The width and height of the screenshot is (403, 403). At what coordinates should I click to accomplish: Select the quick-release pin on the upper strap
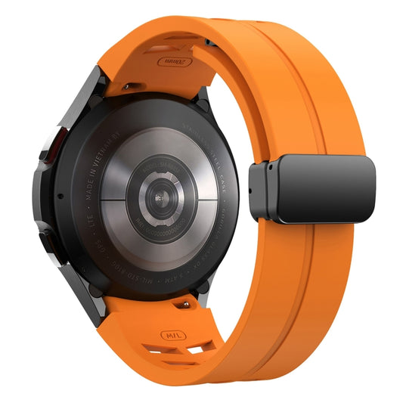coord(129,84)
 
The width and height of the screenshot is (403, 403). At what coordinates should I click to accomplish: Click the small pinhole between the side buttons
coord(57,194)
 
